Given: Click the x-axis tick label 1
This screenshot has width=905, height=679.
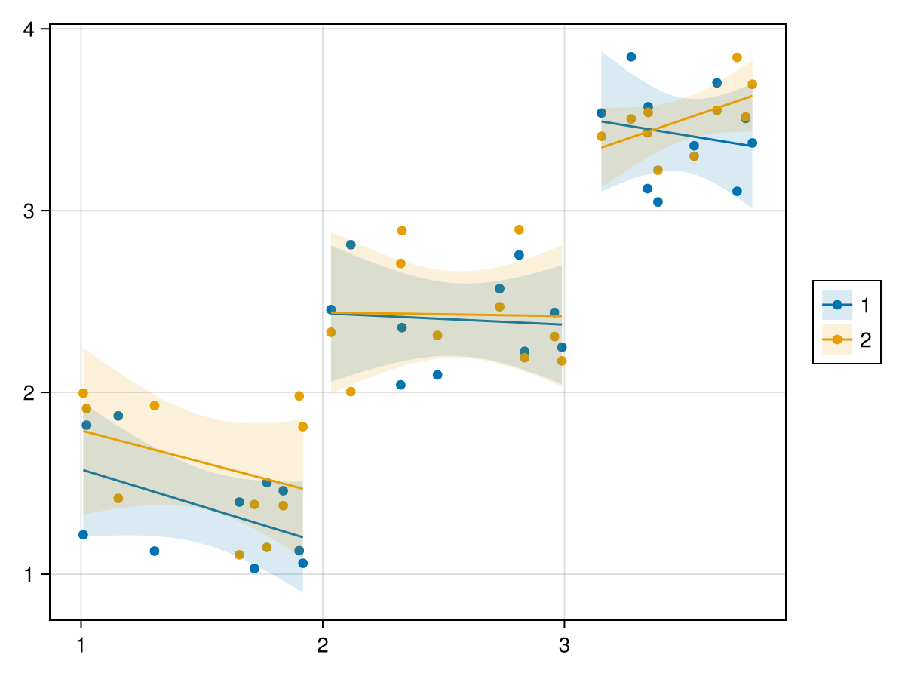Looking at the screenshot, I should [81, 647].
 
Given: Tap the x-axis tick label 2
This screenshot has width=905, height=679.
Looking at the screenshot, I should [323, 647].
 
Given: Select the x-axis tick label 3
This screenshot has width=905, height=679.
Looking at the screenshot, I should [564, 647].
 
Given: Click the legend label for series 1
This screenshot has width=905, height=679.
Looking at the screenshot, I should [865, 305].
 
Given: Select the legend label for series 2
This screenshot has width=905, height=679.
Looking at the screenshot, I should [865, 340].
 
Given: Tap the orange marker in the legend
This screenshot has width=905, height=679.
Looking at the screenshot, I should [837, 340].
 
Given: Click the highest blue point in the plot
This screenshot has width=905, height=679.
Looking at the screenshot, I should [631, 57].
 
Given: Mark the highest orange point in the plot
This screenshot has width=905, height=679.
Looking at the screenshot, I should [737, 57].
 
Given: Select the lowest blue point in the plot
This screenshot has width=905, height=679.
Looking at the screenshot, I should [254, 568].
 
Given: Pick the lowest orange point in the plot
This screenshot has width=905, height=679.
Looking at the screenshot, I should [239, 555].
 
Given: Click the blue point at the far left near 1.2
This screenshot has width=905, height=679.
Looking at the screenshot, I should [83, 535].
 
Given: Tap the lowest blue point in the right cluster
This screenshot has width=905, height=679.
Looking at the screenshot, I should [658, 202].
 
